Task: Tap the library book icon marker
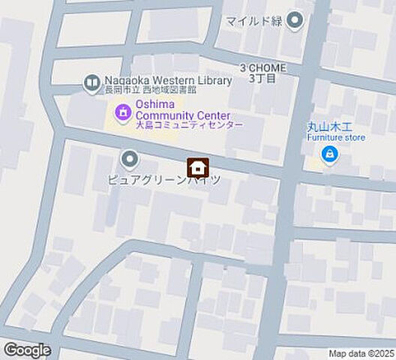coord(92,82)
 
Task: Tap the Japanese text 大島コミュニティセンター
coord(189,125)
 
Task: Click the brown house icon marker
coord(198,166)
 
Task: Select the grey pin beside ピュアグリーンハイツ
coord(130,159)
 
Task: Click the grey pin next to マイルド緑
coord(295,20)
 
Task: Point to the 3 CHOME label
coord(262,67)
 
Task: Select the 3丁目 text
coord(262,77)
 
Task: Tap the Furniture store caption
coord(335,138)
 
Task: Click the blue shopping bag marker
coord(328,155)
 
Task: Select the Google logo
coord(27,349)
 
